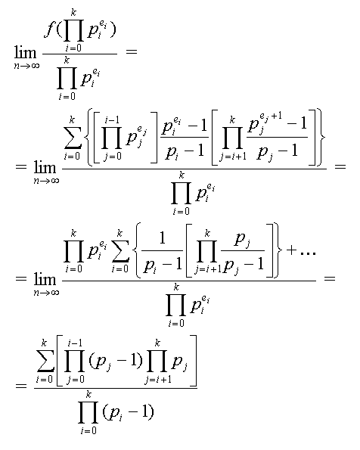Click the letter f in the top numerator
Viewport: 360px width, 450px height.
tap(49, 30)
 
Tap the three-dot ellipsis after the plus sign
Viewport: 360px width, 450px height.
tap(308, 253)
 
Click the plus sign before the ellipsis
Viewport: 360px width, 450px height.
tap(291, 250)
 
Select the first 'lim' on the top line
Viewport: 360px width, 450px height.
tap(25, 52)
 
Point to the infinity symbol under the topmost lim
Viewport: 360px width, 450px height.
tap(35, 66)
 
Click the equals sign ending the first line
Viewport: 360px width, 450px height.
tap(131, 51)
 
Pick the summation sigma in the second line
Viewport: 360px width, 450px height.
tap(73, 138)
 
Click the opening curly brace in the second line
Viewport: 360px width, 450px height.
tap(88, 137)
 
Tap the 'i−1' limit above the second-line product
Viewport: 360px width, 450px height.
tap(112, 120)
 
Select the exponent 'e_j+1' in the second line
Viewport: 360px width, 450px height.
tap(271, 116)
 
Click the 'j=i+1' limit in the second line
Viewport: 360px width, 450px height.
tap(233, 157)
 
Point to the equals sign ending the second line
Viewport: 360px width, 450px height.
tap(340, 166)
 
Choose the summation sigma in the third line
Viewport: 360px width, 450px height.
tap(120, 250)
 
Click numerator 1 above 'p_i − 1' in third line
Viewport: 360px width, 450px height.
tap(163, 237)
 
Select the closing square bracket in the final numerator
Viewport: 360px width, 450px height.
tap(194, 361)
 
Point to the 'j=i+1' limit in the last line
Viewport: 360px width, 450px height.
tap(159, 380)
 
